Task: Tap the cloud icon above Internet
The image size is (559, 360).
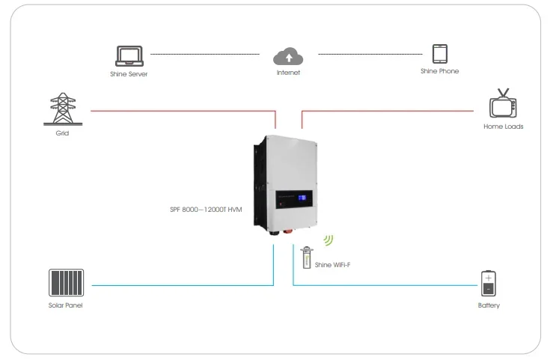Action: (288, 55)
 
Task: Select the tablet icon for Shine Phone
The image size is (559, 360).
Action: (439, 54)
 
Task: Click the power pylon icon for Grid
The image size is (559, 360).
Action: (62, 109)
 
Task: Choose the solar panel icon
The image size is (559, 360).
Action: (65, 284)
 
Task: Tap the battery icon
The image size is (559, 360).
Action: (488, 284)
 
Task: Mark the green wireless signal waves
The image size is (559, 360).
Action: (328, 240)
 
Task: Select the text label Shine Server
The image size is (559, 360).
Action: (128, 73)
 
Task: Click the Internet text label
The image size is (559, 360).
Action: (288, 73)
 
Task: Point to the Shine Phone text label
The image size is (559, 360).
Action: (439, 71)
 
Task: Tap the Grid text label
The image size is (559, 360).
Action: (62, 132)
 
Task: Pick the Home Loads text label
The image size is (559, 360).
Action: (503, 126)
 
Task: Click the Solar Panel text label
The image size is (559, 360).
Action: (65, 306)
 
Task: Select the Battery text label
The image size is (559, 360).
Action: (489, 305)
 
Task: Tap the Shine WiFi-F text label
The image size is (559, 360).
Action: (334, 265)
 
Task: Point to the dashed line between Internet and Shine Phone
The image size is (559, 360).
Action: (370, 55)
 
